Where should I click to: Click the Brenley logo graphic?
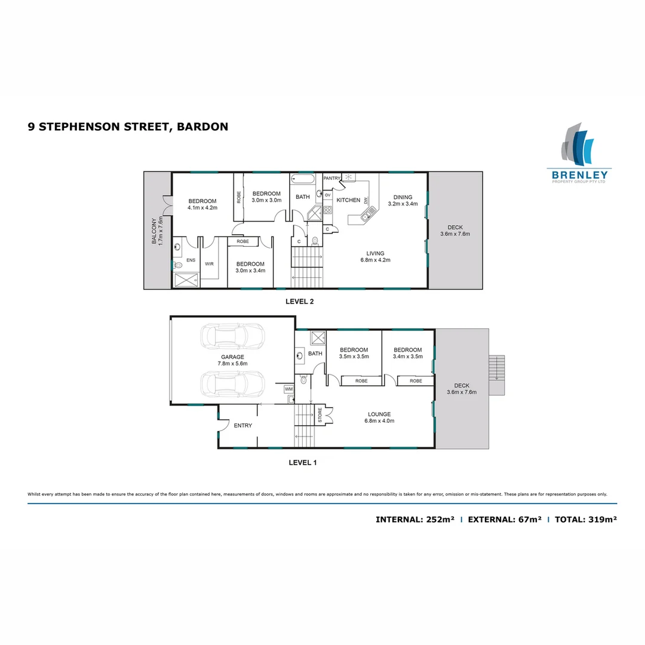tap(578, 144)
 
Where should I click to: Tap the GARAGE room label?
tap(233, 357)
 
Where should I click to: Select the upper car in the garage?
tap(232, 336)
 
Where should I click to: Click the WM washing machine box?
tap(289, 389)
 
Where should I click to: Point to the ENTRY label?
tap(243, 426)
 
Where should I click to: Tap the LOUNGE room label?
tap(379, 414)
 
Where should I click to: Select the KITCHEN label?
tap(348, 200)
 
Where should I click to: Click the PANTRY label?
tap(331, 178)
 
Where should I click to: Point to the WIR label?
tap(209, 263)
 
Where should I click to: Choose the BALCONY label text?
tap(154, 231)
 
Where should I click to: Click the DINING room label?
tap(402, 197)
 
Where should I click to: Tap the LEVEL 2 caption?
tap(300, 302)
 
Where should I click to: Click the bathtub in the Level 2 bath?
tap(302, 179)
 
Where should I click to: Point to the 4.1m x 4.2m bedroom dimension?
tap(202, 208)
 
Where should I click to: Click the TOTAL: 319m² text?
tap(585, 520)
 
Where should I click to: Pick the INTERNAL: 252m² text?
tap(415, 520)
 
